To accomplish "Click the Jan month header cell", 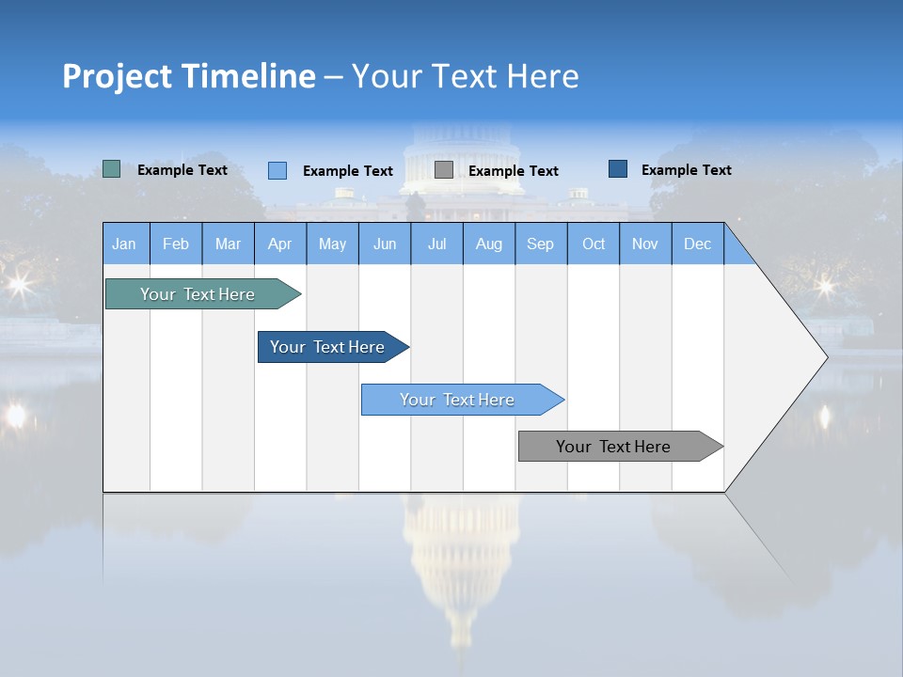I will tap(125, 244).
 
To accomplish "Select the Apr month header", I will tap(280, 244).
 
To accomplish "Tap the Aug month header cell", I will tap(488, 244).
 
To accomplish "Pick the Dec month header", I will tap(697, 244).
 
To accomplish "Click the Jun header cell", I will tap(385, 244).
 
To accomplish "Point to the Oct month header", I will tap(593, 244).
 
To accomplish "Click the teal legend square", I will tap(111, 169).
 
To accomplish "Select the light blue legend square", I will tap(277, 170).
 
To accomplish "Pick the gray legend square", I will tap(443, 169).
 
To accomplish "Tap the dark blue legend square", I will tap(617, 168).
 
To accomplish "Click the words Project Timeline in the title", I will tap(188, 76).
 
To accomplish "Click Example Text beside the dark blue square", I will tap(686, 169).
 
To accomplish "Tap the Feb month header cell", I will tap(176, 244).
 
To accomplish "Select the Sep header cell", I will tap(540, 244).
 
